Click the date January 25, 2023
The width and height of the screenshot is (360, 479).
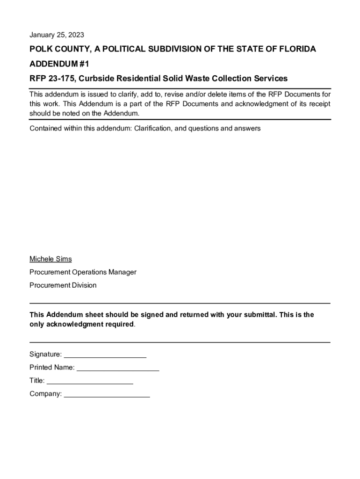tap(57, 35)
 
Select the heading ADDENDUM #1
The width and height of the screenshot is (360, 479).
tap(58, 64)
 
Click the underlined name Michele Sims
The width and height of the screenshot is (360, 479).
tap(50, 259)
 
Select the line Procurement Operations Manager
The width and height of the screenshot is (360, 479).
tap(83, 272)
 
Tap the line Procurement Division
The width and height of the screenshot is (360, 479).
tap(63, 285)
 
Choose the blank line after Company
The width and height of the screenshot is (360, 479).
tap(107, 395)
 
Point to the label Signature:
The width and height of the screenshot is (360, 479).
tap(45, 355)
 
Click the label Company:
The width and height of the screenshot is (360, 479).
tap(45, 394)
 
